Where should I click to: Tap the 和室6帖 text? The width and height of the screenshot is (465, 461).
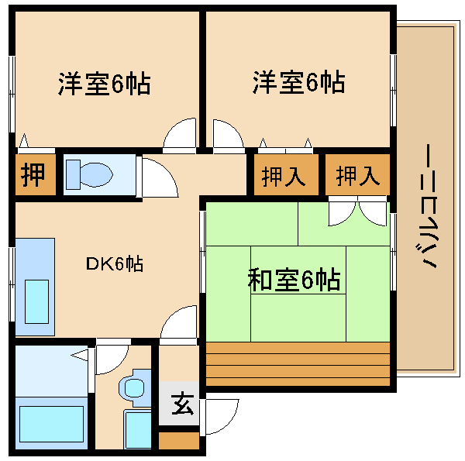tap(294, 279)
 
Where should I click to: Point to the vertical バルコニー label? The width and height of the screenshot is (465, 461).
tap(429, 206)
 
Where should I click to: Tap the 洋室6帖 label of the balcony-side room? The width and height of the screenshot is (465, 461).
tap(298, 82)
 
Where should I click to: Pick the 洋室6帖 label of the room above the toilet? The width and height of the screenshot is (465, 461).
tap(103, 83)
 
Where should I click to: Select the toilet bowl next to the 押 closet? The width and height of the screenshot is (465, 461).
tap(88, 174)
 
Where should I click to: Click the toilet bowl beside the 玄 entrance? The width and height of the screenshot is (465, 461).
tap(133, 387)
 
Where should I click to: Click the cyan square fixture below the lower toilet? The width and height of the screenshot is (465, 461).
tap(138, 428)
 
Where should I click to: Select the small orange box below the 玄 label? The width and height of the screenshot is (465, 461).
tap(179, 440)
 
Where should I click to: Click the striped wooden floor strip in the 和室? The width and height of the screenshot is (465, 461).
tap(298, 363)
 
